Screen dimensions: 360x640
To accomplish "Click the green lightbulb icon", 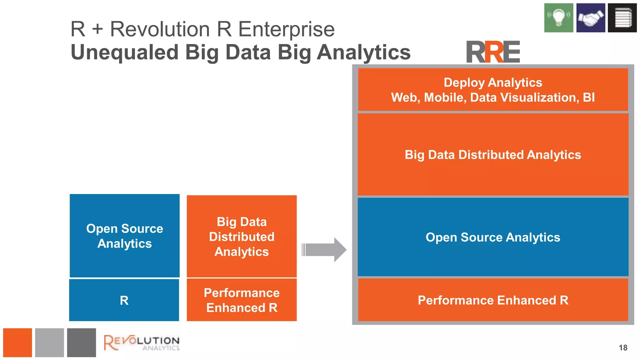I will (558, 18).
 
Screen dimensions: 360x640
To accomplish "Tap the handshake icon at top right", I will (591, 18).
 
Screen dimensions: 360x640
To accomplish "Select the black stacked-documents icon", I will (622, 18).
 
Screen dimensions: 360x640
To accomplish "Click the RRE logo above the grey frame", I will (493, 52).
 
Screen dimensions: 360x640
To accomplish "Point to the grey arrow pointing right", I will (324, 250).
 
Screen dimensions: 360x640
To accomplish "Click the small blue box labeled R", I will (124, 300).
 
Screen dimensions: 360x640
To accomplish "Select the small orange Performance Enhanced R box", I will (242, 300).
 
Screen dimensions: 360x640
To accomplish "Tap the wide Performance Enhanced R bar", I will (493, 300).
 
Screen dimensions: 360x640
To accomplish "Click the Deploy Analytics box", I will (493, 90).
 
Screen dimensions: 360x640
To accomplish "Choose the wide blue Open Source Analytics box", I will (493, 237).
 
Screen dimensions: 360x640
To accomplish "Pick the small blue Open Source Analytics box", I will (124, 236).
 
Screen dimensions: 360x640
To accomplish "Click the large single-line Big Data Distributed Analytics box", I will (493, 155).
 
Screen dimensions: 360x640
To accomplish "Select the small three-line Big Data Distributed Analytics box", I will (242, 237).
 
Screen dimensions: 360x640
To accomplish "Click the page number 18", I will (623, 347).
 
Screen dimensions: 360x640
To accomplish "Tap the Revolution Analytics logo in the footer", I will (142, 342).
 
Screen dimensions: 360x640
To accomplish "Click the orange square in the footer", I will (17, 342).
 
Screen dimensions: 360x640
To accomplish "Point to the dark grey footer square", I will (81, 342).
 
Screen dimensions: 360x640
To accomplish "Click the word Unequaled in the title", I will (124, 52).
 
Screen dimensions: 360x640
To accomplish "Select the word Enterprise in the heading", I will (286, 29).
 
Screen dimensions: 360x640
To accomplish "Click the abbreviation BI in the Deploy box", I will (589, 97).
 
